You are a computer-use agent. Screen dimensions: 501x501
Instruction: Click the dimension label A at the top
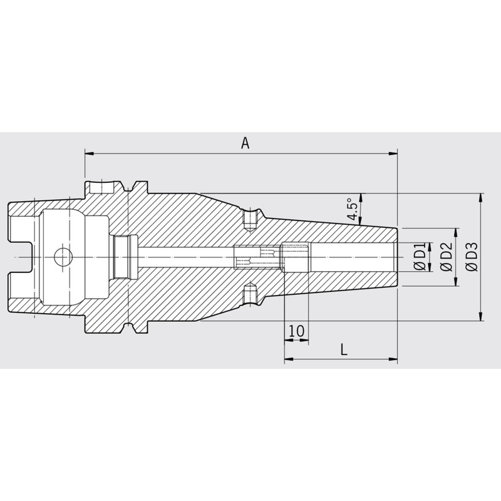point(245,143)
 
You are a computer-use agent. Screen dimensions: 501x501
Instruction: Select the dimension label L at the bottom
point(344,349)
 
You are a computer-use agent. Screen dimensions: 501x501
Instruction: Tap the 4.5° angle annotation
point(352,209)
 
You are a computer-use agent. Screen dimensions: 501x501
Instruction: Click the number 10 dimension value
point(296,331)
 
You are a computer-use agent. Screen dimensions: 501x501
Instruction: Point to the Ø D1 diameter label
point(420,257)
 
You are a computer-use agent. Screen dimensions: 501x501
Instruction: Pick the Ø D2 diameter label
point(447,257)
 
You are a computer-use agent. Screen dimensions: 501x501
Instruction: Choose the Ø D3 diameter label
point(472,257)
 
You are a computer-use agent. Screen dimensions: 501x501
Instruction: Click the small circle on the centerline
point(63,257)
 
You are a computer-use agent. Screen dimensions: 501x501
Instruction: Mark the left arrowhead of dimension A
point(89,153)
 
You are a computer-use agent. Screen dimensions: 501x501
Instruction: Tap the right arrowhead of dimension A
point(393,153)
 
